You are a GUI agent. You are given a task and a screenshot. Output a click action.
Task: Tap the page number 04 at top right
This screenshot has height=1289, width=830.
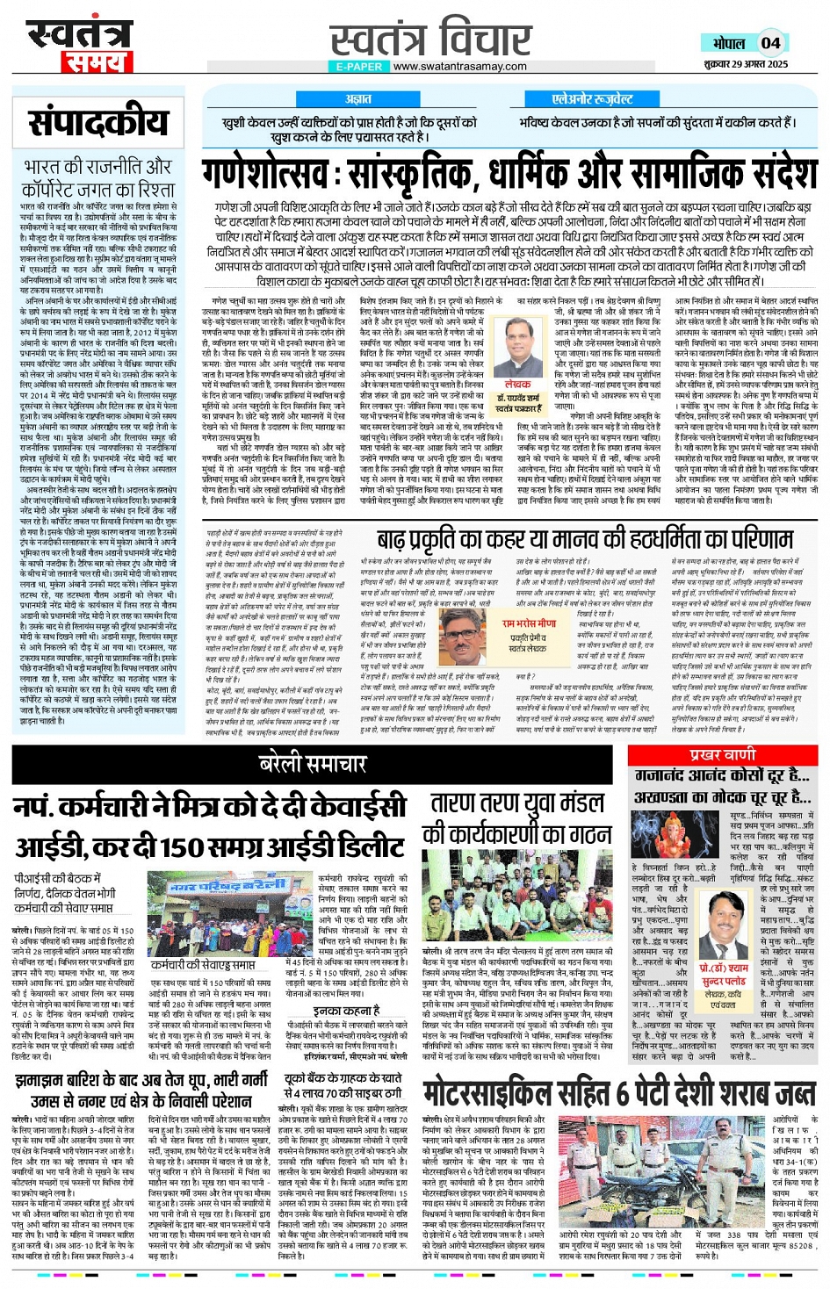[x=770, y=43]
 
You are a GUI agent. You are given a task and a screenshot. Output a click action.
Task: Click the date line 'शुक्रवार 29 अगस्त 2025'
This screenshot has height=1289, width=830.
[x=747, y=64]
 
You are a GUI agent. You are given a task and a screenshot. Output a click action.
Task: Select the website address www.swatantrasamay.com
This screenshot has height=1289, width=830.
[x=459, y=66]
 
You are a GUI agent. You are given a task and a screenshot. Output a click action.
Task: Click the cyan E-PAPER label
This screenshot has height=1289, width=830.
[x=359, y=67]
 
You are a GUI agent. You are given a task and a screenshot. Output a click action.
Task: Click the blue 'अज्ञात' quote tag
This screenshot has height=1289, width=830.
[x=358, y=99]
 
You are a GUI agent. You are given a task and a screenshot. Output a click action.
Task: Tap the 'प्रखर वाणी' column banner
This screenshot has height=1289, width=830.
[x=722, y=755]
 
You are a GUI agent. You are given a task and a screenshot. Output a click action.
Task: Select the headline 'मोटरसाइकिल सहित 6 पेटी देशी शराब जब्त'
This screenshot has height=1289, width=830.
[x=618, y=1092]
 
